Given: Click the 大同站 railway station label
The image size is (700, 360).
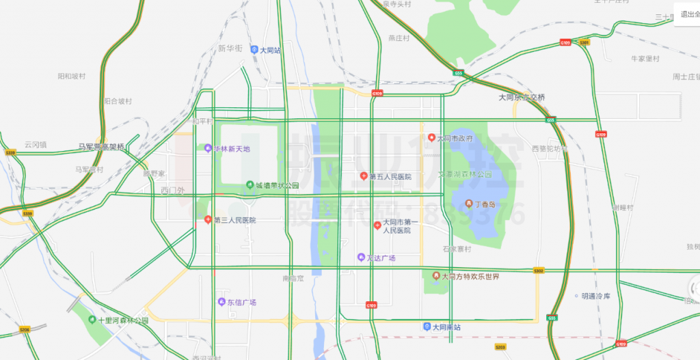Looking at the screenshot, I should point(270,50).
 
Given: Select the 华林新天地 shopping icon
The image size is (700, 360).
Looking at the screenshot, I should point(208,148).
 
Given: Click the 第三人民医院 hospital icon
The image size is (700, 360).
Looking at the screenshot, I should point(208,220).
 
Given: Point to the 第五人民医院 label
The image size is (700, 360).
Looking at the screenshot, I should point(390,177).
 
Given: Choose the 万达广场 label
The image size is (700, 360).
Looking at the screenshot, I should point(381,258).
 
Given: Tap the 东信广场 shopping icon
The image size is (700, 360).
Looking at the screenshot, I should point(221,302).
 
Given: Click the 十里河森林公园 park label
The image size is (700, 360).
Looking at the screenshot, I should point(123,320).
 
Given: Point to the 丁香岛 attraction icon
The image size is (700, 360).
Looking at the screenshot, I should point(469,204).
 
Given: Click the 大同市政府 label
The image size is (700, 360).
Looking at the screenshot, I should point(455,138).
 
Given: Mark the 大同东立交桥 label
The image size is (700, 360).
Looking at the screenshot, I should point(522,98).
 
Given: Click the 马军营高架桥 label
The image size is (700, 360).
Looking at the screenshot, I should point(101,147).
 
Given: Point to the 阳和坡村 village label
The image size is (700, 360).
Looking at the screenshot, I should point(72,76).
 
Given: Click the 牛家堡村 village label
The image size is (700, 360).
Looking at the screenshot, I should point(645,59).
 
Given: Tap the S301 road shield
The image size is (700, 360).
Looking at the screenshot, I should point(584,42).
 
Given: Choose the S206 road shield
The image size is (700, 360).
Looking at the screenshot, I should point(25,330).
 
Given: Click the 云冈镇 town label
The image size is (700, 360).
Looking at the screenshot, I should point(36,144).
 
